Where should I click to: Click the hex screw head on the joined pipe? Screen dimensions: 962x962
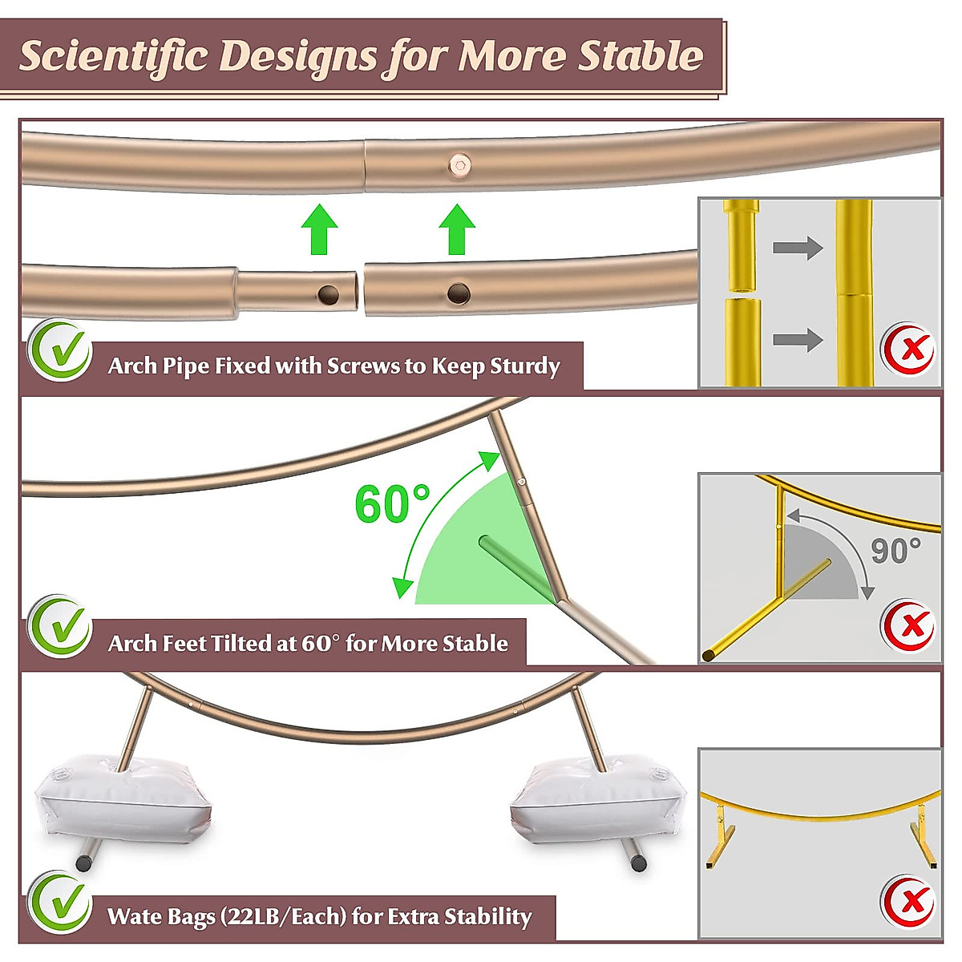(459, 166)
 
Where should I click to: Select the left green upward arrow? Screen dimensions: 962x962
(320, 229)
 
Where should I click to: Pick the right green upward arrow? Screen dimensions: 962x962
(458, 229)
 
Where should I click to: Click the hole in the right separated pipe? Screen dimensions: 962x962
(459, 293)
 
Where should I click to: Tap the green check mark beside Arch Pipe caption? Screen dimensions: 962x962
(62, 350)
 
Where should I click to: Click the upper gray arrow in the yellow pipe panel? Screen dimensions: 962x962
(798, 248)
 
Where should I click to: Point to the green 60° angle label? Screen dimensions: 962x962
(392, 504)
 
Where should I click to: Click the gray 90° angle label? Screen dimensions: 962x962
(895, 551)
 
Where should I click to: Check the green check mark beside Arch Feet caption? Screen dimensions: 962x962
(60, 626)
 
